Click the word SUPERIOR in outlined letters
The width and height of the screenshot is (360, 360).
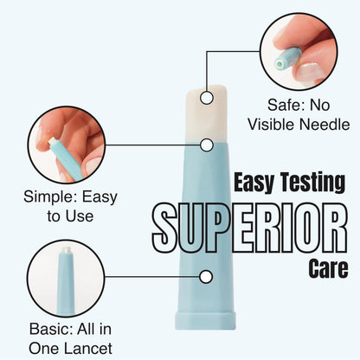(250, 228)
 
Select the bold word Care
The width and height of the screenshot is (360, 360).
(328, 268)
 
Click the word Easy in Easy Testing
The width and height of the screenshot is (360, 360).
(254, 183)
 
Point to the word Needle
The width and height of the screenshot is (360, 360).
(325, 125)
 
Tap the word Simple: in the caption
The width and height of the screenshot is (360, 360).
(50, 197)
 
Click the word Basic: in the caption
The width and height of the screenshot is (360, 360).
(50, 329)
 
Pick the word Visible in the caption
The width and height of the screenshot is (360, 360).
(272, 125)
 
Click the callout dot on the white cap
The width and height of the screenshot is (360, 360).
(206, 98)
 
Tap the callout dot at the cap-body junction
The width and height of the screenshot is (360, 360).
(206, 145)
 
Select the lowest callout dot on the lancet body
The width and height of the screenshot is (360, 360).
(206, 277)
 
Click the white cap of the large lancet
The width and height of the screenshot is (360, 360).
(206, 114)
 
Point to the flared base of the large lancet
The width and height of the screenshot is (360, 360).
(205, 320)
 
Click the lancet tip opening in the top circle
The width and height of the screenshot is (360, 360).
(280, 63)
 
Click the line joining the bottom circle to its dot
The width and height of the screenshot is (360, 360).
(152, 277)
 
